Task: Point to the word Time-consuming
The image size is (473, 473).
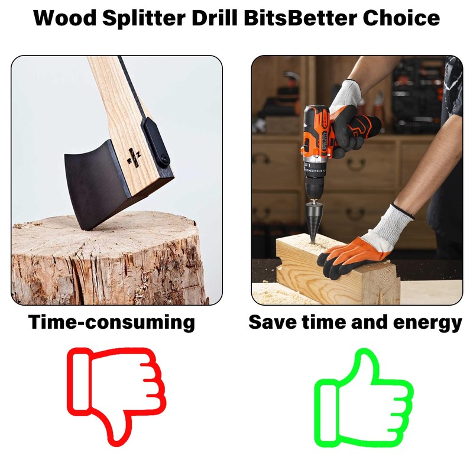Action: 112,323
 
